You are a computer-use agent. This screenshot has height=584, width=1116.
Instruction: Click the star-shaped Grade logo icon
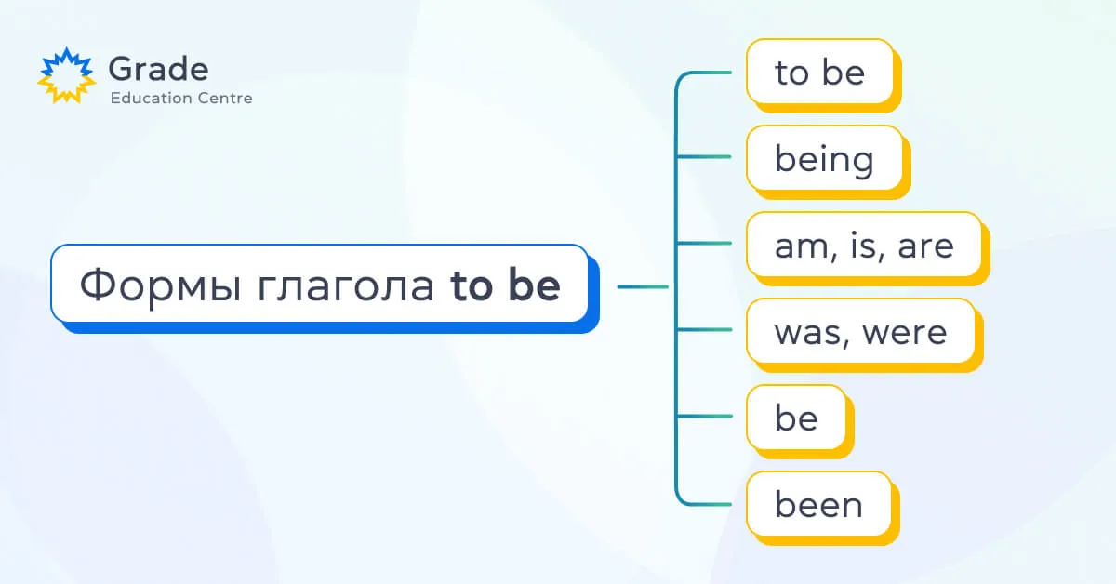tap(67, 75)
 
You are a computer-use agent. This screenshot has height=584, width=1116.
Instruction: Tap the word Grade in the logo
tap(158, 69)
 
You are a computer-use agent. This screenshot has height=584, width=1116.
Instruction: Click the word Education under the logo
tap(152, 98)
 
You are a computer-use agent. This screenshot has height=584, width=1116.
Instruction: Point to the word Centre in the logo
tap(225, 99)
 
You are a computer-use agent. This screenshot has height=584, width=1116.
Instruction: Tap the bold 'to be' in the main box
tap(505, 285)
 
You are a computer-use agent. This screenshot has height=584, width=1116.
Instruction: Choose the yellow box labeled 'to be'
tap(824, 75)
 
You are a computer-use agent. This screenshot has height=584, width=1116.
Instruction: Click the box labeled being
tap(829, 162)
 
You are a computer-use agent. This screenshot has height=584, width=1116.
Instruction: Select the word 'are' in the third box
tap(925, 246)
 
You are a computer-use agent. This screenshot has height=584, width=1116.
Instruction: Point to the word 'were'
tap(904, 333)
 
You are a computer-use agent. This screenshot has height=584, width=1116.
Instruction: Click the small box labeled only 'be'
tap(800, 421)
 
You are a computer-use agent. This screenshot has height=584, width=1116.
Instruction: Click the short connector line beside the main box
tap(643, 286)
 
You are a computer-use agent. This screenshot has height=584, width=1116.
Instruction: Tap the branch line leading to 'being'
tap(703, 156)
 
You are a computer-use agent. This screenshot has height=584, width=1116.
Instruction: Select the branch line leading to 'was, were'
tap(703, 329)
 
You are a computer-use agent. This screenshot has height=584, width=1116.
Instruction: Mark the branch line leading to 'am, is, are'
tap(703, 243)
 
